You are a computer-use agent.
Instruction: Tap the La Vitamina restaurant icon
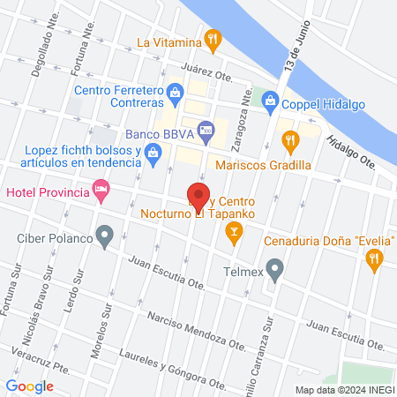point(212,39)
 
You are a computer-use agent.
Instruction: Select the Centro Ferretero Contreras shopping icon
point(175,91)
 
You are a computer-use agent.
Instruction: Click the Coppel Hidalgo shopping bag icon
point(271,101)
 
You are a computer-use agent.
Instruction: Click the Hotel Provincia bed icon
point(102,191)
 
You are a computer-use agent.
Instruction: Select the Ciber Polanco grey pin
point(105,236)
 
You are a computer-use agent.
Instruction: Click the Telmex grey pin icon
point(275,268)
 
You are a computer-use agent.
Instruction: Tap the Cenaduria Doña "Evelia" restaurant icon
point(375,258)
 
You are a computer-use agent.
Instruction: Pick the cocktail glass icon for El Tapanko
point(234,232)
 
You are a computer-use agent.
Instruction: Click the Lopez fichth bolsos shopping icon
point(153,154)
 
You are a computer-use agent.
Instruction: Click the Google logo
point(30,386)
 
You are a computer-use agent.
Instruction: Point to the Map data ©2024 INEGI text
point(343,389)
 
